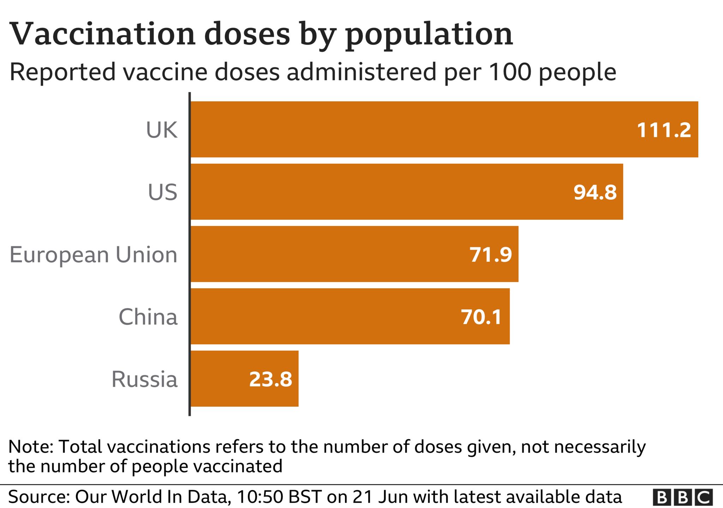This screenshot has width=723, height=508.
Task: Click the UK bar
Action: click(x=444, y=129)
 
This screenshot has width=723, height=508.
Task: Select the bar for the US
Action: click(x=407, y=192)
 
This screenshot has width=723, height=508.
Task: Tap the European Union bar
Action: click(x=355, y=254)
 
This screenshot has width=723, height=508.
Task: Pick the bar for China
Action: click(x=350, y=316)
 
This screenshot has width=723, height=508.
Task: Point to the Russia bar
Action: click(x=245, y=379)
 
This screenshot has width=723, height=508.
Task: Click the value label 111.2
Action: click(x=664, y=130)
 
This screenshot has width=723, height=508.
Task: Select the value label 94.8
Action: click(x=595, y=193)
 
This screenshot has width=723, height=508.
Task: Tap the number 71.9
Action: click(x=491, y=255)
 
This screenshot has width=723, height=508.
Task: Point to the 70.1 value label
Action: click(x=482, y=317)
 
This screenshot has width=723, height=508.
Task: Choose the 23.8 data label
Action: click(x=271, y=380)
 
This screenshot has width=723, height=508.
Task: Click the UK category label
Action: click(x=162, y=130)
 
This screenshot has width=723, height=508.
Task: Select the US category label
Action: click(x=162, y=192)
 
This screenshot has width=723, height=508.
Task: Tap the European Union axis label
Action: click(x=94, y=255)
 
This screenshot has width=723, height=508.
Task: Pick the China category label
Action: click(x=148, y=317)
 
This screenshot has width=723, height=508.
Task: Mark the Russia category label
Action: click(x=144, y=379)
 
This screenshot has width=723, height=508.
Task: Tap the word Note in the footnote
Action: click(x=30, y=447)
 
